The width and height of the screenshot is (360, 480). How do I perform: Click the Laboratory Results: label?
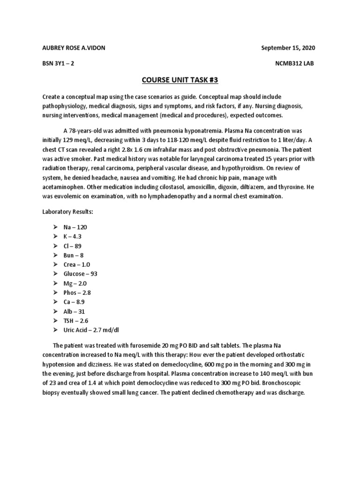coord(67,212)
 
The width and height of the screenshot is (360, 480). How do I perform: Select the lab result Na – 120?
coord(75,227)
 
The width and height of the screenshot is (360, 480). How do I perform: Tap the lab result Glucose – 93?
coord(81,274)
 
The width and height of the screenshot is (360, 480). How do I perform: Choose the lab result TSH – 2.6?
coord(76,321)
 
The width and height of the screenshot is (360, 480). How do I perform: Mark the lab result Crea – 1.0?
coord(77,264)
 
